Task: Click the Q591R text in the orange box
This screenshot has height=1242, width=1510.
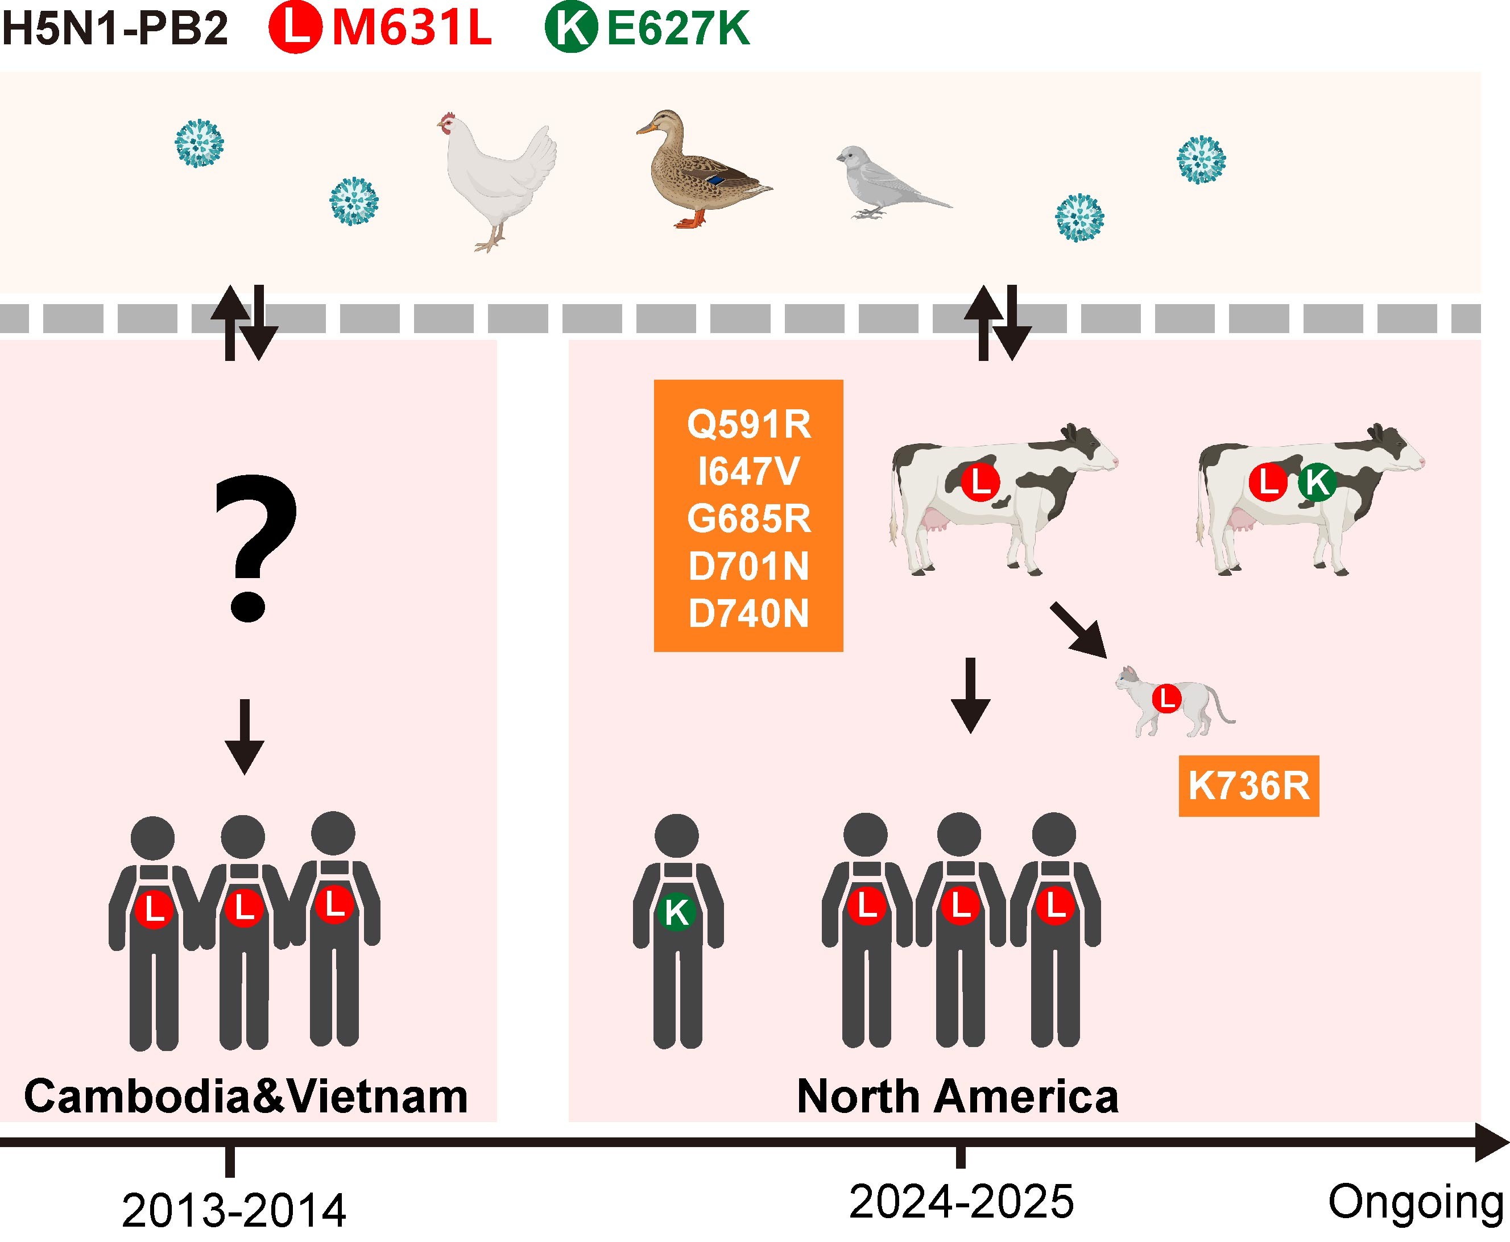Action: (748, 424)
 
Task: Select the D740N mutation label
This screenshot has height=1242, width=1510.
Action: (748, 613)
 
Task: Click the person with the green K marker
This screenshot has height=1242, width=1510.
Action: (677, 930)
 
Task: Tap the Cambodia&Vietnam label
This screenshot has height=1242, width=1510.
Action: (246, 1096)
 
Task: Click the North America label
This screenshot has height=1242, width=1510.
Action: (958, 1096)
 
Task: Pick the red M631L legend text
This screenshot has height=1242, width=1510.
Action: (412, 28)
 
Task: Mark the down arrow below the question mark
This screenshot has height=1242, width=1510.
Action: (245, 737)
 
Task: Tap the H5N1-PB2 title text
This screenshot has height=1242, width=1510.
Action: (114, 28)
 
